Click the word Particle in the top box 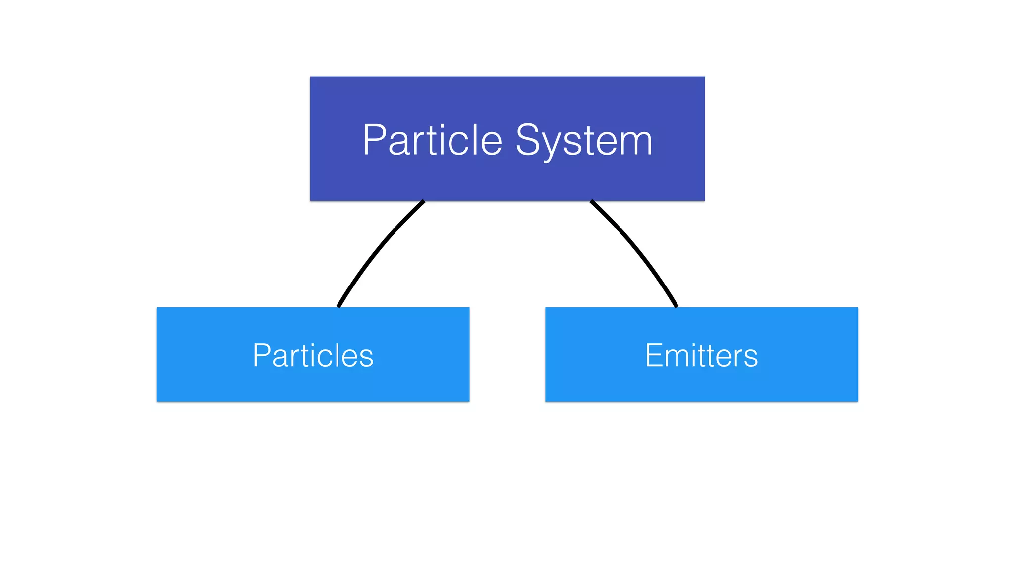[x=432, y=140]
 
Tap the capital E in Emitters [x=654, y=355]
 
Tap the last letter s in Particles [x=366, y=358]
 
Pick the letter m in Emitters [x=681, y=358]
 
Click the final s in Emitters [x=750, y=358]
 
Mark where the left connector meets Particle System [x=423, y=201]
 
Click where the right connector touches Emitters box [x=677, y=307]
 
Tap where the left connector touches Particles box [x=338, y=307]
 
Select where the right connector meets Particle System [x=591, y=201]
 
